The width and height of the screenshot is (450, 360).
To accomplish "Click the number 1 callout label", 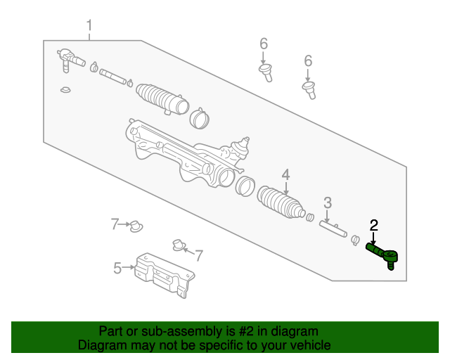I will (89, 27).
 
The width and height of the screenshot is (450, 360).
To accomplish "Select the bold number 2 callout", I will (374, 225).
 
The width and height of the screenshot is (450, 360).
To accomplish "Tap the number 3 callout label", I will (328, 203).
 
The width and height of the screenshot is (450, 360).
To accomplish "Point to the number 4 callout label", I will (285, 174).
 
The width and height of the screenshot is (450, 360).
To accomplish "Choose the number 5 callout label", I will (117, 267).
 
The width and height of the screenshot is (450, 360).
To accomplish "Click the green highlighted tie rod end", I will (383, 254).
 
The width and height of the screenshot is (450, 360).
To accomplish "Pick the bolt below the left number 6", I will (266, 72).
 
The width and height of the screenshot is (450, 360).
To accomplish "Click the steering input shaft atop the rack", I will (244, 144).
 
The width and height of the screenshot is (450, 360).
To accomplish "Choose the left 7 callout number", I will (114, 224).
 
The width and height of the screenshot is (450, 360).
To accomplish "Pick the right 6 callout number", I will (308, 61).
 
